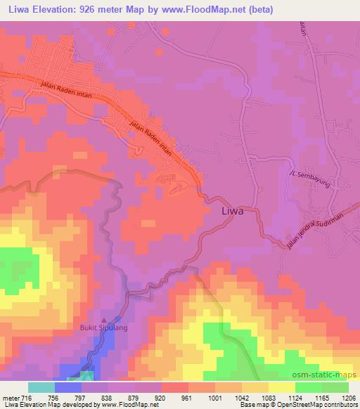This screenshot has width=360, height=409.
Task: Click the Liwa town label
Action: (233, 210)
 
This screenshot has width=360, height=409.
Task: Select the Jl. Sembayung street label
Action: (309, 178)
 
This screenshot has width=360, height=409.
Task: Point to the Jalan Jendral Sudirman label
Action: (318, 227)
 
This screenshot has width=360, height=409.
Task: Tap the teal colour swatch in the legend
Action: (41, 387)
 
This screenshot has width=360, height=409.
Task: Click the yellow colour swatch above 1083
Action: (282, 387)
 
